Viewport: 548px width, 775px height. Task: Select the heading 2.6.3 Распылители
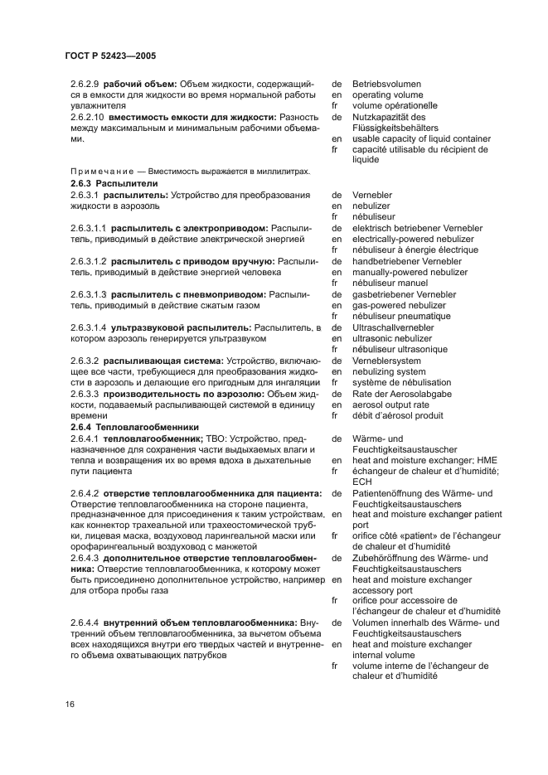click(x=114, y=183)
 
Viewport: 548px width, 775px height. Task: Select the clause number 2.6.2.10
click(x=89, y=117)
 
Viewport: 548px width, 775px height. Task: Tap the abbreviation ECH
click(x=362, y=481)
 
